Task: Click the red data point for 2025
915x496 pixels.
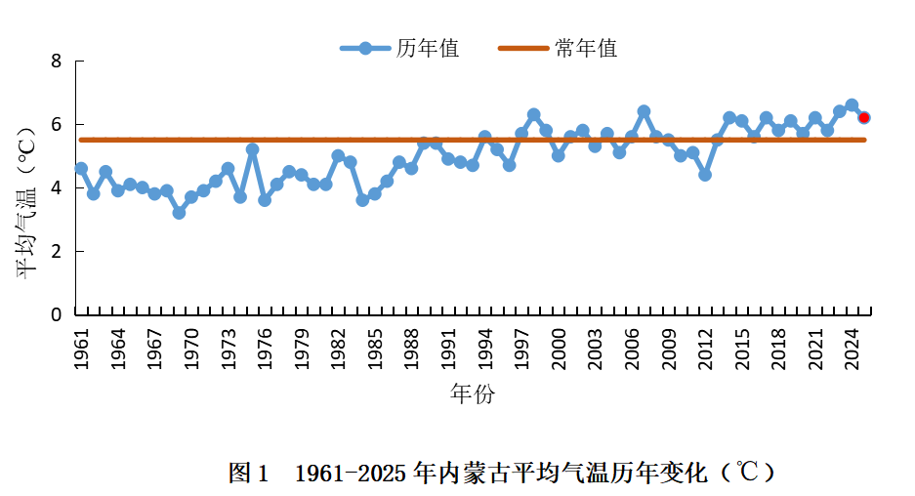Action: tap(864, 117)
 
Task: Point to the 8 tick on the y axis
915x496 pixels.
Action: tap(56, 62)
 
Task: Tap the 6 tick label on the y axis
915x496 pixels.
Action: tap(56, 125)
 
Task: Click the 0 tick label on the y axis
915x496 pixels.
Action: tap(56, 314)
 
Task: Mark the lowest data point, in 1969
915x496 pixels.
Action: tap(179, 212)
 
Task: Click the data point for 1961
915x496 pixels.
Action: tap(81, 168)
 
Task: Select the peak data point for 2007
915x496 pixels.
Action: tap(644, 111)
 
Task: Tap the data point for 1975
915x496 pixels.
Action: tap(252, 149)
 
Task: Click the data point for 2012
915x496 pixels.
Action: tap(705, 175)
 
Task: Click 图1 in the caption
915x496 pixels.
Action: tap(248, 474)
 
